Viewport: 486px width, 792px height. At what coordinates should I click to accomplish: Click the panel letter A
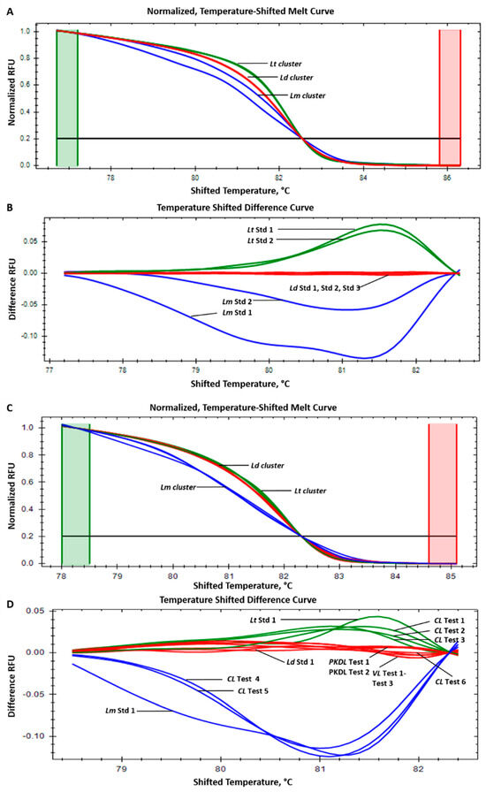pos(7,7)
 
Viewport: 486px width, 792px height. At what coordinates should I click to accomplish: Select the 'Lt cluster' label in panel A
pos(288,64)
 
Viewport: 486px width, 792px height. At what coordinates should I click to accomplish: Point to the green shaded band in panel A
pos(67,97)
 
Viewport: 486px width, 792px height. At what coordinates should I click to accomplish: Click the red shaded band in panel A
pos(450,97)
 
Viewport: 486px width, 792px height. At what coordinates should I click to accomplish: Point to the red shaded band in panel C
pos(443,493)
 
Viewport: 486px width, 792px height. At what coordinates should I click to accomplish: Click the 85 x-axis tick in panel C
pos(455,575)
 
